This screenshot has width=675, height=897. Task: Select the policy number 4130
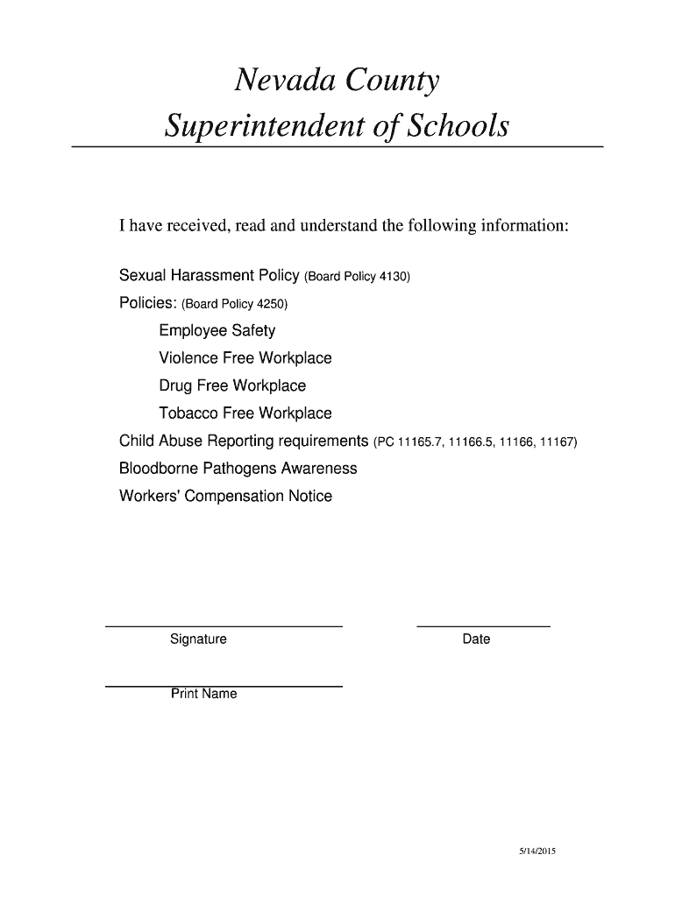point(392,278)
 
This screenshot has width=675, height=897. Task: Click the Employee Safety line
point(217,331)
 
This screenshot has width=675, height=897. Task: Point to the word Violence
point(188,358)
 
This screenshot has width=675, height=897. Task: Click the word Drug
point(174,386)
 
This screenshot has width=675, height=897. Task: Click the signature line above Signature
point(224,626)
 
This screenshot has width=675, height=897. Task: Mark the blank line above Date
point(483,626)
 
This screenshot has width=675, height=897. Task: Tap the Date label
point(476,639)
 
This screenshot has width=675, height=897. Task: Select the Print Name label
point(203,695)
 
